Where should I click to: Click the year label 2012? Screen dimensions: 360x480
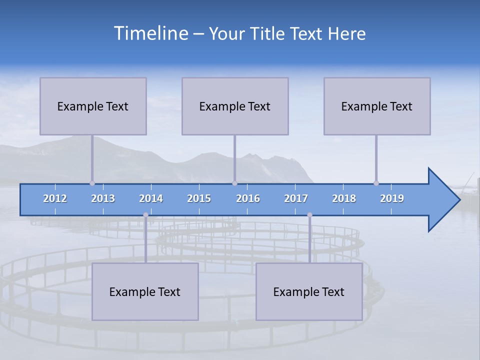(x=55, y=198)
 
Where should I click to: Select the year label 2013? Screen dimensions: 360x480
(x=103, y=198)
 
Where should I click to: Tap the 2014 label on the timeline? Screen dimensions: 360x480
(x=151, y=198)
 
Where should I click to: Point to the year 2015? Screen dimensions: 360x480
(x=199, y=198)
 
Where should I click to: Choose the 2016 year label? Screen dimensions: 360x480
(x=248, y=198)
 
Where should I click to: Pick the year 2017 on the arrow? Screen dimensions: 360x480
(x=296, y=198)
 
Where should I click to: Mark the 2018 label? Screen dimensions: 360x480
(x=344, y=198)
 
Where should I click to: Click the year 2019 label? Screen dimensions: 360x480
(x=392, y=198)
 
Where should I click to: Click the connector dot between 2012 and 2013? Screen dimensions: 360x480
(x=92, y=183)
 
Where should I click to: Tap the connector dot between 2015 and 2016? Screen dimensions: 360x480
(x=234, y=183)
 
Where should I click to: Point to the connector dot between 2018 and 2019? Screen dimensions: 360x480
(x=376, y=183)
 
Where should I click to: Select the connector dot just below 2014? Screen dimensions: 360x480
(x=145, y=215)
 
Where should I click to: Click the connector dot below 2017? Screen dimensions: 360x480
(x=309, y=215)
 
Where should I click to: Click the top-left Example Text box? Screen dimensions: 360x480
(x=93, y=106)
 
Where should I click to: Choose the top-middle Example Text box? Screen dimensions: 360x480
(x=235, y=106)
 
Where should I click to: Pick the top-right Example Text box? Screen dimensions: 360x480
(x=377, y=106)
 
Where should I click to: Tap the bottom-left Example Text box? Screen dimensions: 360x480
(x=145, y=291)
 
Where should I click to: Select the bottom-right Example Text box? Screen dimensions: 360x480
(x=309, y=291)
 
